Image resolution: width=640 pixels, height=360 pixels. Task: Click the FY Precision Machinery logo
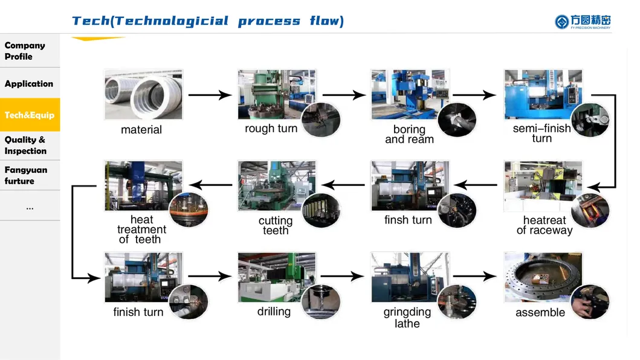[x=583, y=22]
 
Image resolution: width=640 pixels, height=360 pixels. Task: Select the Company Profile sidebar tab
[x=25, y=51]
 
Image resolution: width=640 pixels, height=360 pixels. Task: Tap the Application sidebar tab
[x=29, y=84]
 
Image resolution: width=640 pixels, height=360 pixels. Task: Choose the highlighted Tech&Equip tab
[x=30, y=115]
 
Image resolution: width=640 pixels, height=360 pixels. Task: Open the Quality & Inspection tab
[x=25, y=146]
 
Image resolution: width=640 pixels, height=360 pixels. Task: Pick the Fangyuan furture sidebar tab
[x=26, y=175]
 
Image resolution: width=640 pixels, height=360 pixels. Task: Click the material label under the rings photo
[x=141, y=130]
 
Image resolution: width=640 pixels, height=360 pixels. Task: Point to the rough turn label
[x=271, y=129]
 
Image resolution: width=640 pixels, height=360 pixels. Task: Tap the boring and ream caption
[x=409, y=134]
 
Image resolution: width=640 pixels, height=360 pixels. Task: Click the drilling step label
[x=274, y=312]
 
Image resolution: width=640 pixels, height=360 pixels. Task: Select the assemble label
[x=540, y=312]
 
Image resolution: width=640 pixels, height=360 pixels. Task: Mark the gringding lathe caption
[x=407, y=318]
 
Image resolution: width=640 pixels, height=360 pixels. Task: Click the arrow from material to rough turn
[x=210, y=95]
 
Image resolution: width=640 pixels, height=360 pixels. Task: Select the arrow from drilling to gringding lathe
[x=342, y=277]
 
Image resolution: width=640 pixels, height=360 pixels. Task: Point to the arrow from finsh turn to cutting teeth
[x=342, y=185]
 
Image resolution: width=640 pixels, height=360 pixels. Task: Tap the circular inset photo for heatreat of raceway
[x=590, y=210]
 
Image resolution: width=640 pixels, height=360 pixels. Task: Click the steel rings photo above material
[x=143, y=94]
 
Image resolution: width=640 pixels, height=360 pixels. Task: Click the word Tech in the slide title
[x=90, y=21]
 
